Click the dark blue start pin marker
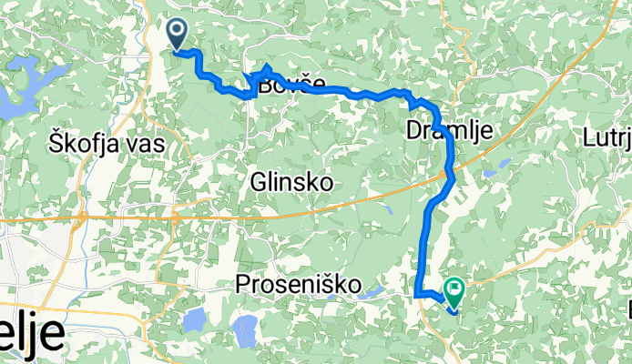[x=178, y=34]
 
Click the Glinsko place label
[x=291, y=183]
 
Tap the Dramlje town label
[x=448, y=132]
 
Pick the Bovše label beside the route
[x=291, y=88]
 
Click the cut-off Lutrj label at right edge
[x=607, y=138]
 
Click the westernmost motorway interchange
[x=81, y=218]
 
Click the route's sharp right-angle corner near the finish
[x=417, y=294]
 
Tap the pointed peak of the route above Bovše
[x=266, y=67]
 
